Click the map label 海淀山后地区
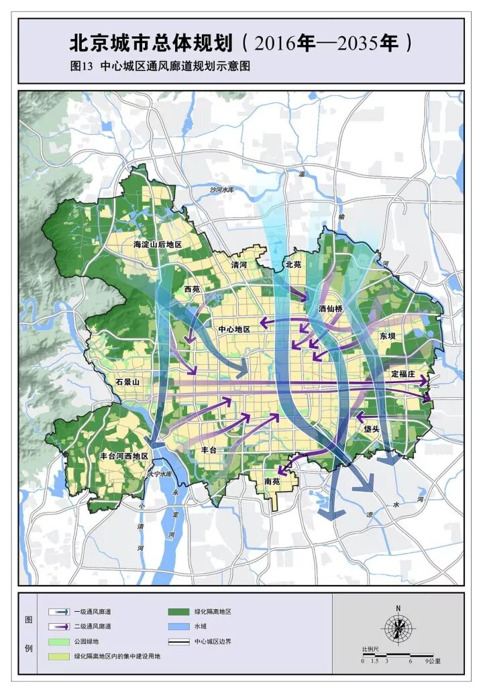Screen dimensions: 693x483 coord(158,245)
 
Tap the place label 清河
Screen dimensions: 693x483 coord(239,266)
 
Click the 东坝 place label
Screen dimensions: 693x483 coord(388,336)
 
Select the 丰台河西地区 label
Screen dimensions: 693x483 coord(123,456)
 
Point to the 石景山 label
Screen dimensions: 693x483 coord(127,381)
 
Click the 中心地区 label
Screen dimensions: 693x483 coord(234,329)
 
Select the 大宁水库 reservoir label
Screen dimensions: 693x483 coord(160,474)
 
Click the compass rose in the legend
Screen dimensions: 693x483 coord(398,628)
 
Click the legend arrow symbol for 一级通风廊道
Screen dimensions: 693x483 coord(59,612)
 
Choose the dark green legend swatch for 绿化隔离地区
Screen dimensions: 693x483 coord(179,612)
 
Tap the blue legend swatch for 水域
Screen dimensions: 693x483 coord(179,627)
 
